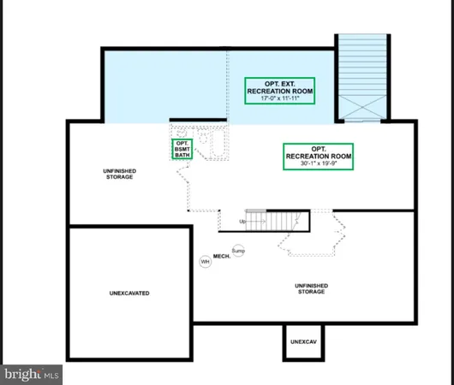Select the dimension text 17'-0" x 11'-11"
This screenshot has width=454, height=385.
(279, 98)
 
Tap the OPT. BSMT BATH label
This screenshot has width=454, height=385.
(182, 149)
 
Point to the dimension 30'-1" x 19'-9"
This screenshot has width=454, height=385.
(318, 163)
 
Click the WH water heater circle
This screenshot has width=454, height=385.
(206, 261)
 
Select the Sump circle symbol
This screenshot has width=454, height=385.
(238, 251)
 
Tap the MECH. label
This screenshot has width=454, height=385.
(220, 256)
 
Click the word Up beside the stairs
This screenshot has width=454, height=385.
(242, 222)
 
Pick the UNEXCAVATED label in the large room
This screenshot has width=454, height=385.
(129, 293)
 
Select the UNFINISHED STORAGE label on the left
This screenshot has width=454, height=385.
(117, 175)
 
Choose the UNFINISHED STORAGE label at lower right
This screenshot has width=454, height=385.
(310, 288)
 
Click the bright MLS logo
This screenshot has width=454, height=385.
(32, 374)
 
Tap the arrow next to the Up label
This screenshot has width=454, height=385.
(252, 222)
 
